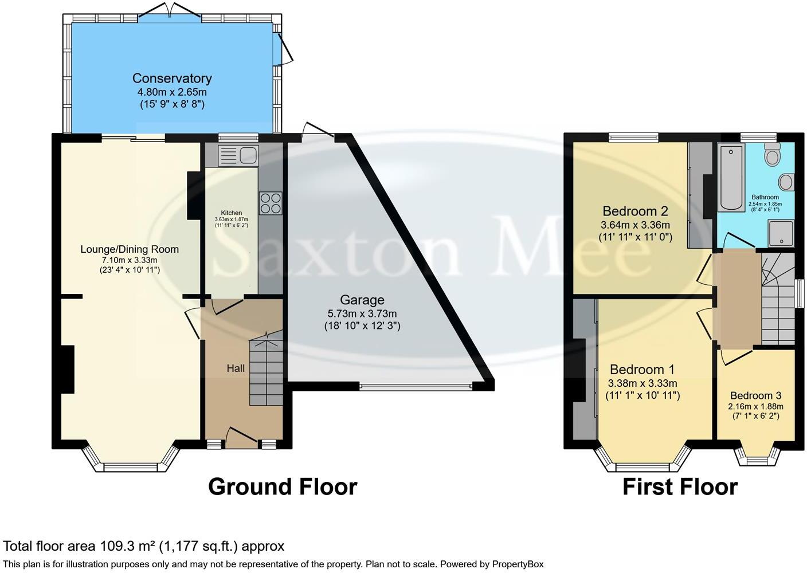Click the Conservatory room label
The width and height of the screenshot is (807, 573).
[x=172, y=79]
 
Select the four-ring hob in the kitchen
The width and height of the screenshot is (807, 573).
[x=271, y=203]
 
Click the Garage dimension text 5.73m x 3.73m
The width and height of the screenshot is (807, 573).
[x=362, y=313]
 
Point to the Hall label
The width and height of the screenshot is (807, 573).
[x=236, y=368]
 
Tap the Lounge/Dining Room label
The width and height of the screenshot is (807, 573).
[x=130, y=249]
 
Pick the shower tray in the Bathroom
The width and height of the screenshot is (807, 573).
[x=781, y=234]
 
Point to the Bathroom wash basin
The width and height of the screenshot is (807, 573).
[x=785, y=182]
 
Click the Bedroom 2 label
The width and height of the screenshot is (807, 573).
[x=635, y=210]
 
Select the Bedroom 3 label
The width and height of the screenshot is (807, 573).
[x=755, y=395]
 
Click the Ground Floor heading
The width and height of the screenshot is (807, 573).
[x=283, y=486]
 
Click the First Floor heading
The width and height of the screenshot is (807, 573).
[x=680, y=486]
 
